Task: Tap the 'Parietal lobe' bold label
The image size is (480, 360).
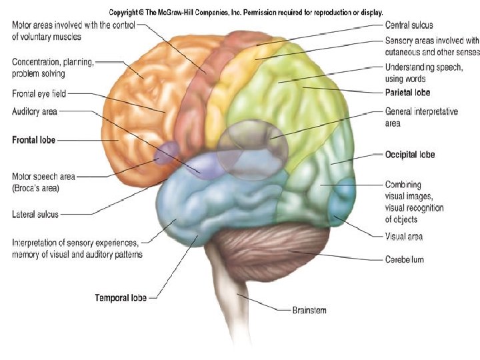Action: click(407, 92)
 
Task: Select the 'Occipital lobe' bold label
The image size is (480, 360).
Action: click(409, 155)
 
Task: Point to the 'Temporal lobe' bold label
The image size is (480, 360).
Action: click(121, 297)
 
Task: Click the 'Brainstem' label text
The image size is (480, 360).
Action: click(309, 310)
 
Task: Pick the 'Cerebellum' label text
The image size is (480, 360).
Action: click(404, 259)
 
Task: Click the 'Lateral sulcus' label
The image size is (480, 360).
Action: click(35, 215)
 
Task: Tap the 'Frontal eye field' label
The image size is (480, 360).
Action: click(39, 93)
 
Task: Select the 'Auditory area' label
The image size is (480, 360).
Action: click(35, 111)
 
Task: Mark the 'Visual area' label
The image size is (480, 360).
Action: click(403, 237)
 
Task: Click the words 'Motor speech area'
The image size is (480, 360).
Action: click(43, 177)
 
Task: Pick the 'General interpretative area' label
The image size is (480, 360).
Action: click(421, 111)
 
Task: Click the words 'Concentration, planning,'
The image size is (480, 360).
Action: click(53, 61)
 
